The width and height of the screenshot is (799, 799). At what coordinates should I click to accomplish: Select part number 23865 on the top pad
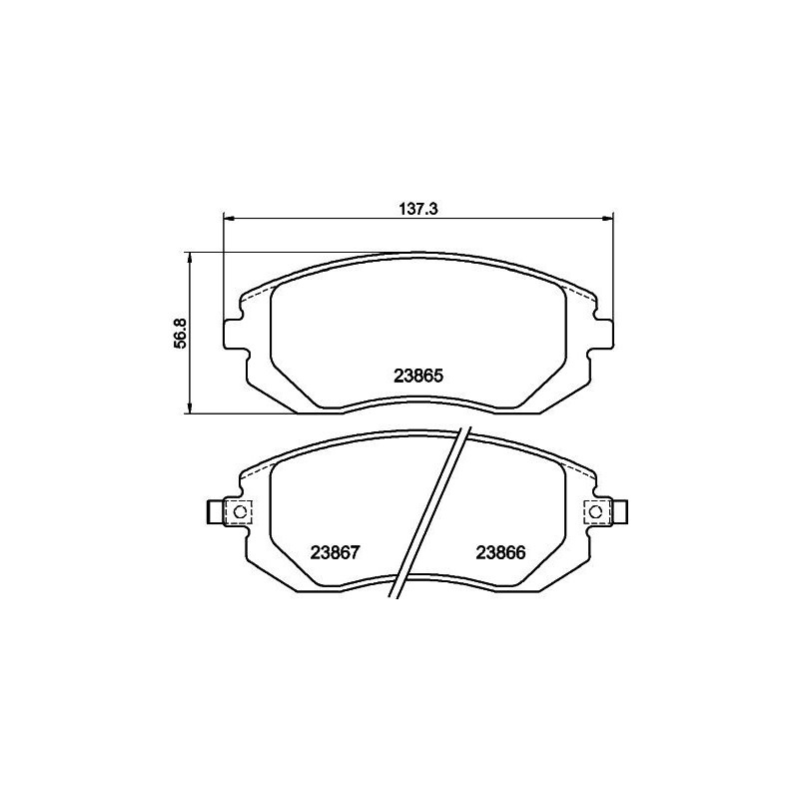[418, 377]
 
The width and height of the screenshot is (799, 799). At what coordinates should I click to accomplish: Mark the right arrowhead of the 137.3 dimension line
[610, 217]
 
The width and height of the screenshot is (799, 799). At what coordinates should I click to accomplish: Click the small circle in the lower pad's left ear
[238, 511]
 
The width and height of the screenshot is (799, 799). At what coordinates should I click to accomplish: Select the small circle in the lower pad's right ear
[597, 511]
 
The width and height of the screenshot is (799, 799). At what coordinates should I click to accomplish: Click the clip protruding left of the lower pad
[214, 511]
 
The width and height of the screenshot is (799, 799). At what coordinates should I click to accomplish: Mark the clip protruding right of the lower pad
[621, 511]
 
